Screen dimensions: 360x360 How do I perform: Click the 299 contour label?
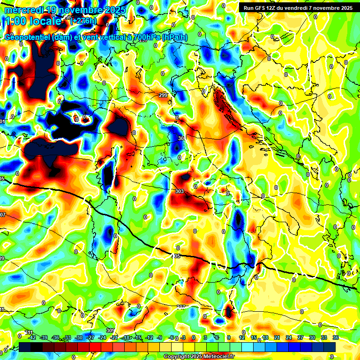(163, 96)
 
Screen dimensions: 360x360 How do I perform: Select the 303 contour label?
(179, 191)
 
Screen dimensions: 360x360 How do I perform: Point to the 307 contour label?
(181, 307)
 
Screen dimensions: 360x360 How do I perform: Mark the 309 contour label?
(110, 330)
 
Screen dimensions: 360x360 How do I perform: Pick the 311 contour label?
(29, 332)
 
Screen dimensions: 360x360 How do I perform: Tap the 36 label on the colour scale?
(335, 337)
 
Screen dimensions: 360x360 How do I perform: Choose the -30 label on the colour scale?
(79, 337)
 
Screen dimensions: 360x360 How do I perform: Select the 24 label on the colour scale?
(289, 337)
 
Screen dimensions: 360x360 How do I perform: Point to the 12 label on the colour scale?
(242, 337)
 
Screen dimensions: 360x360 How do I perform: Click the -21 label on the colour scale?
(114, 337)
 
